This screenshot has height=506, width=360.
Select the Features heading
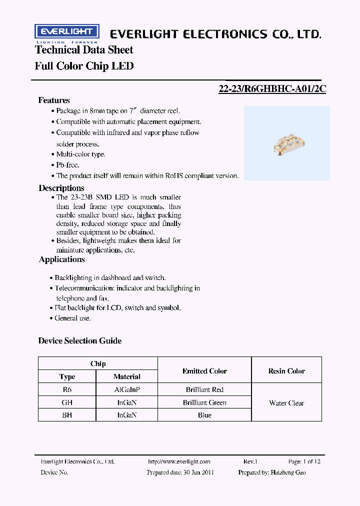point(54,100)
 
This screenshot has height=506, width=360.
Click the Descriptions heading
point(61,188)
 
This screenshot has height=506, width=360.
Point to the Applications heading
point(62,259)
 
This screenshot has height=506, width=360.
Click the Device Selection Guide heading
point(79,340)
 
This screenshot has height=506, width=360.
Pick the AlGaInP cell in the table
point(127,389)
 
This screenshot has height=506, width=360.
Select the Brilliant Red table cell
point(204,389)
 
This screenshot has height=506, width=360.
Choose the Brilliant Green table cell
point(204,402)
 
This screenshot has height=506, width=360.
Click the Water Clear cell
point(286,403)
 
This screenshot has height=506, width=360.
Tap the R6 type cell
point(67,389)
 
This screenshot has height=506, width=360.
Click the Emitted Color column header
point(204,371)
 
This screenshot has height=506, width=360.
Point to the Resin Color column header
point(286,371)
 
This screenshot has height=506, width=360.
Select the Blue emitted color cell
point(204,415)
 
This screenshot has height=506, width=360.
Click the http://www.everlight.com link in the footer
point(179,461)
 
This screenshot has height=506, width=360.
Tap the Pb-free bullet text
point(67,164)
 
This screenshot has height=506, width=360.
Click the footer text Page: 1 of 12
point(304,461)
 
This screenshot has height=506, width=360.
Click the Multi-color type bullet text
point(80,154)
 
